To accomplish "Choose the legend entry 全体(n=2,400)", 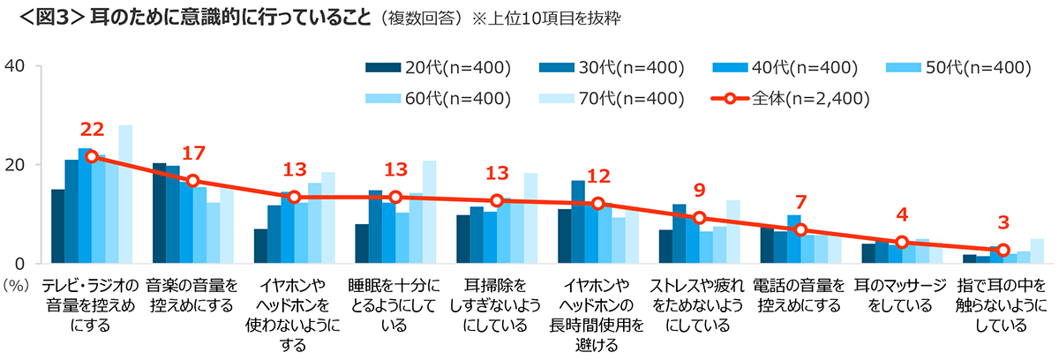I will pos(790,98).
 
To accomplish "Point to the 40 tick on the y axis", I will pos(19,66).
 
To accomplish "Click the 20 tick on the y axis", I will pos(19,165).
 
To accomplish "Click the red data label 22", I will pos(92,130).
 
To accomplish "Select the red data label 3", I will pos(1003,223).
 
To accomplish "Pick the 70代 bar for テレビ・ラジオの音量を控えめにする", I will pos(125,194).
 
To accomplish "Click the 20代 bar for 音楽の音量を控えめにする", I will pos(159,214).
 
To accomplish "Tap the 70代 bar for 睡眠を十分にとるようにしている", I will pos(430,212).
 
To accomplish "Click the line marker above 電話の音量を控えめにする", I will pos(800,230).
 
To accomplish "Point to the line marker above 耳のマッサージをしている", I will pos(902,243).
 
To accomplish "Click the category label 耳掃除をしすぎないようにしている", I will pos(496,305).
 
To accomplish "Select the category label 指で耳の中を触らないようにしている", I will pos(1003,305).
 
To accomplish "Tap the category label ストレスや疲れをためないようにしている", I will pos(699,305).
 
